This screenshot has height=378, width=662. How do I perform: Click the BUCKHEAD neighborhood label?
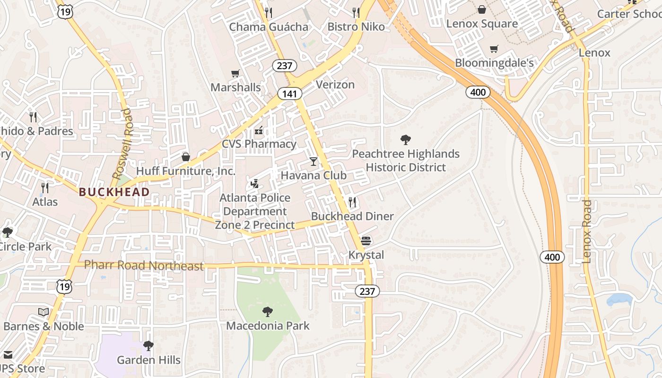click(114, 192)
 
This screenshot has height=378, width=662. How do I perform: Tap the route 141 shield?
click(289, 94)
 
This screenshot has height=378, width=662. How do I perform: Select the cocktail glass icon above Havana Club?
click(314, 162)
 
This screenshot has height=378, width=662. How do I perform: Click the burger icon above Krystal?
click(366, 241)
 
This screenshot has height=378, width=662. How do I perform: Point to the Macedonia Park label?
click(268, 326)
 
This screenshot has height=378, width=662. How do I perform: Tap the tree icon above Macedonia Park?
click(267, 312)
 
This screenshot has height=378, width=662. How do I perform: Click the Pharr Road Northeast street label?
click(144, 266)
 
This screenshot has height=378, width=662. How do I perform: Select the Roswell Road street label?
click(122, 144)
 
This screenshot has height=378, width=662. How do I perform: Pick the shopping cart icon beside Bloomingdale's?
click(494, 49)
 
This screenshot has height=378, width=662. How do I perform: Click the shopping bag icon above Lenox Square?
click(481, 9)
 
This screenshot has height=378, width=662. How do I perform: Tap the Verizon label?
click(335, 85)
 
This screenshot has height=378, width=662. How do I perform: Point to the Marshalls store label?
click(235, 87)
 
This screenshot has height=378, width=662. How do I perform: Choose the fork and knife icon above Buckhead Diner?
click(352, 202)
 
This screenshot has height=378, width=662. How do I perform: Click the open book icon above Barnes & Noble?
click(44, 312)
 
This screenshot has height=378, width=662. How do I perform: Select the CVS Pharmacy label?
click(259, 144)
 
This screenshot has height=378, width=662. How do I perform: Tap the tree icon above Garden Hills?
click(148, 346)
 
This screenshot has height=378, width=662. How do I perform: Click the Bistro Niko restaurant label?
click(356, 26)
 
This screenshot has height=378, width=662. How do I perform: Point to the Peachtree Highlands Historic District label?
click(406, 161)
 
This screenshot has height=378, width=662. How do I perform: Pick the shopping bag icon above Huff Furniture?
click(186, 157)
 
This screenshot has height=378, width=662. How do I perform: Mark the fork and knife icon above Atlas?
click(45, 188)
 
